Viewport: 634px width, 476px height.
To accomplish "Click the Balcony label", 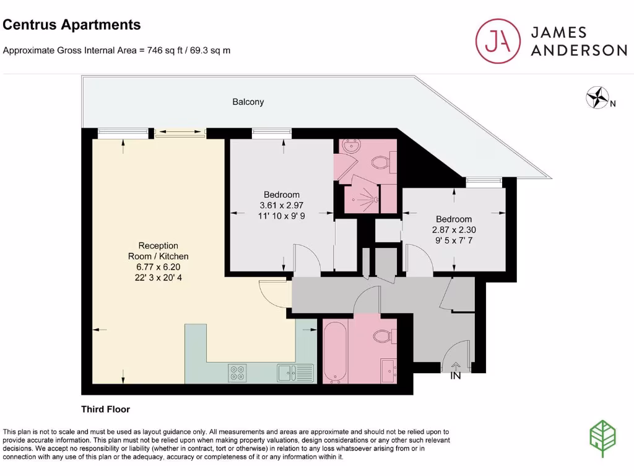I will click(248, 102).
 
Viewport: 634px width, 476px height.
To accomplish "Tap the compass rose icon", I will click(597, 97).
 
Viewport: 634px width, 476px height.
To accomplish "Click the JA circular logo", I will click(498, 41).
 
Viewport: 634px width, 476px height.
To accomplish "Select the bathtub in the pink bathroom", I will click(335, 351).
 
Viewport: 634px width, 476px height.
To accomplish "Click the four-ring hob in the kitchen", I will click(237, 373).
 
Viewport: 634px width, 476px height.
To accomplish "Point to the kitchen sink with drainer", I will click(296, 372).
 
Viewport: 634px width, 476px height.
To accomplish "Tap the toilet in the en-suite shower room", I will click(380, 163).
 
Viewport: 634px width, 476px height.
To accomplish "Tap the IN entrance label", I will click(456, 376).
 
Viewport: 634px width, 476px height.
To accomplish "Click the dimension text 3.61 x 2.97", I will click(282, 205).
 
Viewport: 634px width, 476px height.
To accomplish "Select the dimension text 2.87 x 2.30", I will click(454, 229).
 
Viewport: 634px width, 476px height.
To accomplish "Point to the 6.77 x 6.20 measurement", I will click(158, 267).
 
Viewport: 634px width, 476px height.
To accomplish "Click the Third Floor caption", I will click(105, 409).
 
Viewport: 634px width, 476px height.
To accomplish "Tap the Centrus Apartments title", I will click(72, 25).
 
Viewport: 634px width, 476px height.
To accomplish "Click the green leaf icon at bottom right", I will click(602, 438).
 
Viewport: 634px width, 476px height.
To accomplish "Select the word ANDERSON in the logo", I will click(578, 51).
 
